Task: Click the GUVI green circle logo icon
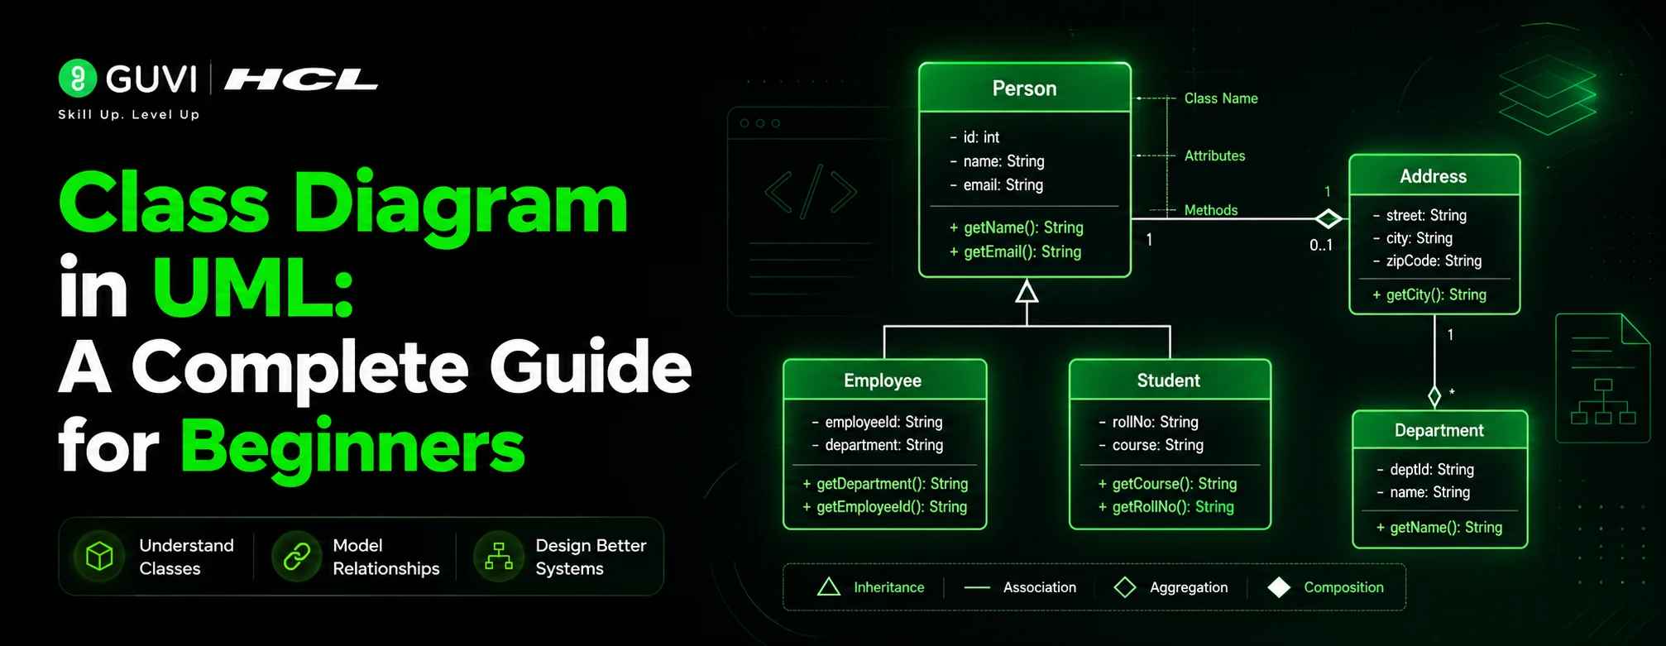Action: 78,79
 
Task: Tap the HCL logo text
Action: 301,79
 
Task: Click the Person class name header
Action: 1024,89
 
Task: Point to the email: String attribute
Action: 997,184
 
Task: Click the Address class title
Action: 1433,176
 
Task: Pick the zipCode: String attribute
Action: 1427,261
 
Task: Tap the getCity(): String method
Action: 1429,294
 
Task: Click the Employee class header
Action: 883,380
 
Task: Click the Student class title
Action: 1168,380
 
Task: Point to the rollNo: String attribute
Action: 1148,422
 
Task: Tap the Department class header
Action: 1439,430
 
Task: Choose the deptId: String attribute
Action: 1424,469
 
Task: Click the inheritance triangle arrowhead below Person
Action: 1027,291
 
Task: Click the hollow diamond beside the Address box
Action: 1328,218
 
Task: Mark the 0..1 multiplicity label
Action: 1321,245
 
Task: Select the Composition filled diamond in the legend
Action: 1279,587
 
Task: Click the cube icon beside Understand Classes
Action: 99,556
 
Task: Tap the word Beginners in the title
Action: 352,447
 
